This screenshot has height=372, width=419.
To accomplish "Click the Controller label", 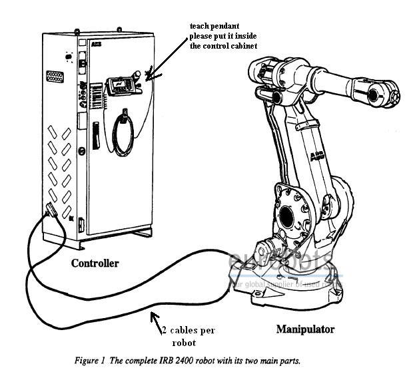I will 95,263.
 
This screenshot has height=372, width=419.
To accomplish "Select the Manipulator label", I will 305,329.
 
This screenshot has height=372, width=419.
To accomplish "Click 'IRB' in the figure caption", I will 211,360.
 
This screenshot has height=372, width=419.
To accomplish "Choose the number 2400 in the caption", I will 231,360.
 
